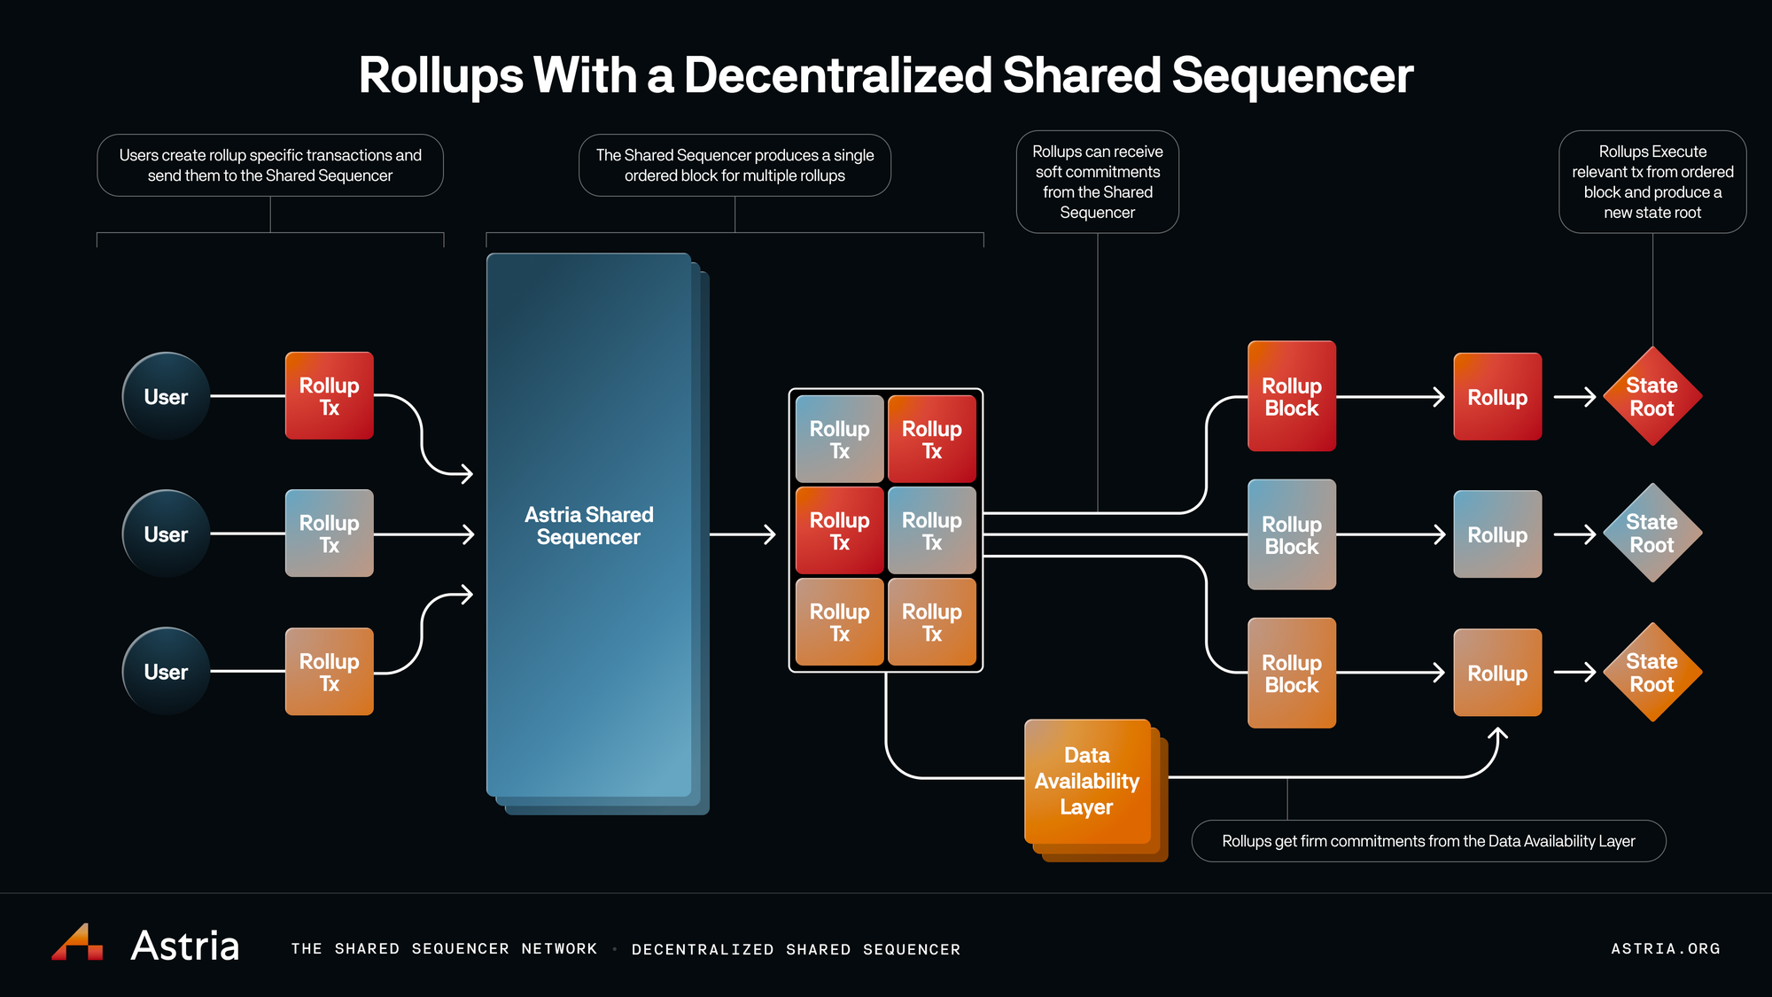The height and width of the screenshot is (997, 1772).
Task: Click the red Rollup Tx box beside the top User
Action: click(x=329, y=396)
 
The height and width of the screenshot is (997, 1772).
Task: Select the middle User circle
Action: click(x=166, y=534)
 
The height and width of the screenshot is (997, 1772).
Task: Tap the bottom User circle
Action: click(x=166, y=672)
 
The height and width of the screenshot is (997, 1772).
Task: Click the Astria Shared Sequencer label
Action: click(x=589, y=526)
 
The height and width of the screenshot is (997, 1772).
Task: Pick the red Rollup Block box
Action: click(x=1292, y=396)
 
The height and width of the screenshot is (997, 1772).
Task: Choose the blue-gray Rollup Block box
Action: click(x=1292, y=534)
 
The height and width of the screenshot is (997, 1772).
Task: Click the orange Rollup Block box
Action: click(x=1292, y=673)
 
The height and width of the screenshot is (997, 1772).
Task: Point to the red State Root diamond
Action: click(x=1652, y=396)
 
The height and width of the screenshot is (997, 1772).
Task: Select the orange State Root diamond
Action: click(x=1652, y=672)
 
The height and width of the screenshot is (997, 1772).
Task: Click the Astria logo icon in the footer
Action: click(x=77, y=942)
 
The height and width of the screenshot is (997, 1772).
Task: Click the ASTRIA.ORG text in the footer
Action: click(x=1666, y=948)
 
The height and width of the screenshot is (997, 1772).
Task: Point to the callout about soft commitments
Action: click(x=1098, y=183)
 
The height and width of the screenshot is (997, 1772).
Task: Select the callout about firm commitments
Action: click(x=1428, y=841)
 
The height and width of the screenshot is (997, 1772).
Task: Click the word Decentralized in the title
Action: click(x=837, y=74)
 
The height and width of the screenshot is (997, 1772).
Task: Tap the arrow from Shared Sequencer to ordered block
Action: click(x=742, y=534)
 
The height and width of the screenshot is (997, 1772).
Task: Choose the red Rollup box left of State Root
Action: click(x=1497, y=396)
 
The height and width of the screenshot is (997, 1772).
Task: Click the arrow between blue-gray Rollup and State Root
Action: click(x=1575, y=534)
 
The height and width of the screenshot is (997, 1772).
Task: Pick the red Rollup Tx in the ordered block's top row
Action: click(x=932, y=439)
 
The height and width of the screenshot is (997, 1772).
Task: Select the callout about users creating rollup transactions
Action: click(x=270, y=166)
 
